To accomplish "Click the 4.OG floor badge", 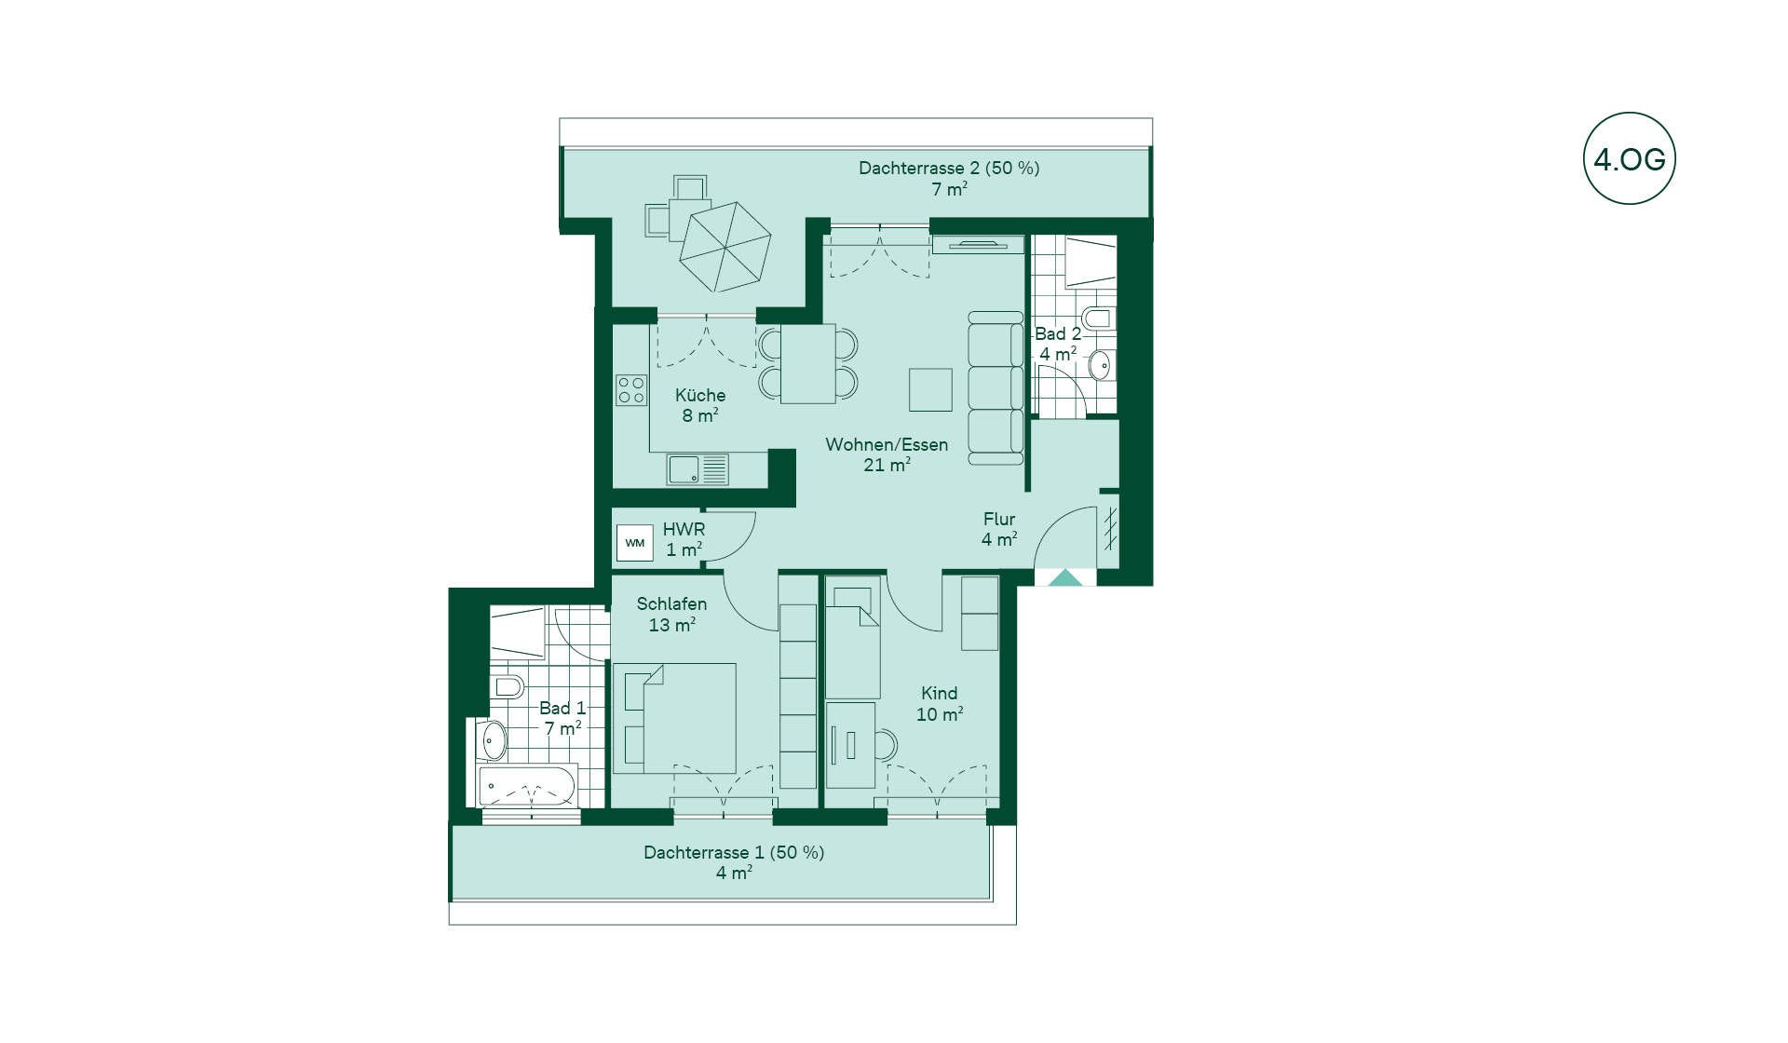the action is point(1629,159).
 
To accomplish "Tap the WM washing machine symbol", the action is point(634,543).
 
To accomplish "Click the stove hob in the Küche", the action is point(631,389).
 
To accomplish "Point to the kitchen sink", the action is point(698,469).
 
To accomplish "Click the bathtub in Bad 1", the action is point(527,786).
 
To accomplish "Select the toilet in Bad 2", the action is point(1099,318).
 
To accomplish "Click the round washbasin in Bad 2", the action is point(1100,364).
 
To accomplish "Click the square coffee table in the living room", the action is point(930,389).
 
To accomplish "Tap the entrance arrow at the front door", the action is point(1065,577).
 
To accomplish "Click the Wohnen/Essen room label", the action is point(887,444).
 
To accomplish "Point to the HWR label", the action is point(684,529).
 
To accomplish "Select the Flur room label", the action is point(999,519).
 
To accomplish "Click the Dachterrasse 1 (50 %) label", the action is point(734,852).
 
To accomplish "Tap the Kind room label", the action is point(939,693).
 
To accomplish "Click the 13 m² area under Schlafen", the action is point(671,625).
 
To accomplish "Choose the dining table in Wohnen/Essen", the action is point(807,363).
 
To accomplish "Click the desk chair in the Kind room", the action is point(886,745).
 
